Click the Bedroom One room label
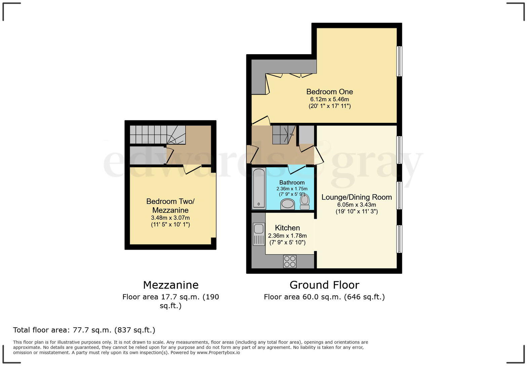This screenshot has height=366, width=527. pos(329,91)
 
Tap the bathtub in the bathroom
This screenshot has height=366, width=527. pos(259,188)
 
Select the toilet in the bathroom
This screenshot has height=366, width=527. pos(305,201)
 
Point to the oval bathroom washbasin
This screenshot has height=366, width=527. pos(287,204)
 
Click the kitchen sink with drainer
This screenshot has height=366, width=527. pos(258,234)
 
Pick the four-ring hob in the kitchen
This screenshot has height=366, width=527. pos(290,261)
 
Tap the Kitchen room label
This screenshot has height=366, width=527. pos(287,228)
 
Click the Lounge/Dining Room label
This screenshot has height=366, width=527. pos(357,197)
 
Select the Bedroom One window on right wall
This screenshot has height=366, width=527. pos(399,61)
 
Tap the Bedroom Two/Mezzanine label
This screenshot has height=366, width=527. pos(170,206)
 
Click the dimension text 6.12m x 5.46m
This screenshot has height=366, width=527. pos(329,99)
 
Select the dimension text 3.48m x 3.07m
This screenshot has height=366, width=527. pos(170,218)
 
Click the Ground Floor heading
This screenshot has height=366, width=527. pos(324,285)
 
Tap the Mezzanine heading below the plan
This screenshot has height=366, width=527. pos(171,285)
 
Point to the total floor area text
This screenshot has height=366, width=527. pos(84,330)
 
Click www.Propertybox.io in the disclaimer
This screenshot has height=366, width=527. pos(218,353)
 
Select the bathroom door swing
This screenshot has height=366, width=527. pos(296,170)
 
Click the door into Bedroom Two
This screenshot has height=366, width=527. pos(192,169)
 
